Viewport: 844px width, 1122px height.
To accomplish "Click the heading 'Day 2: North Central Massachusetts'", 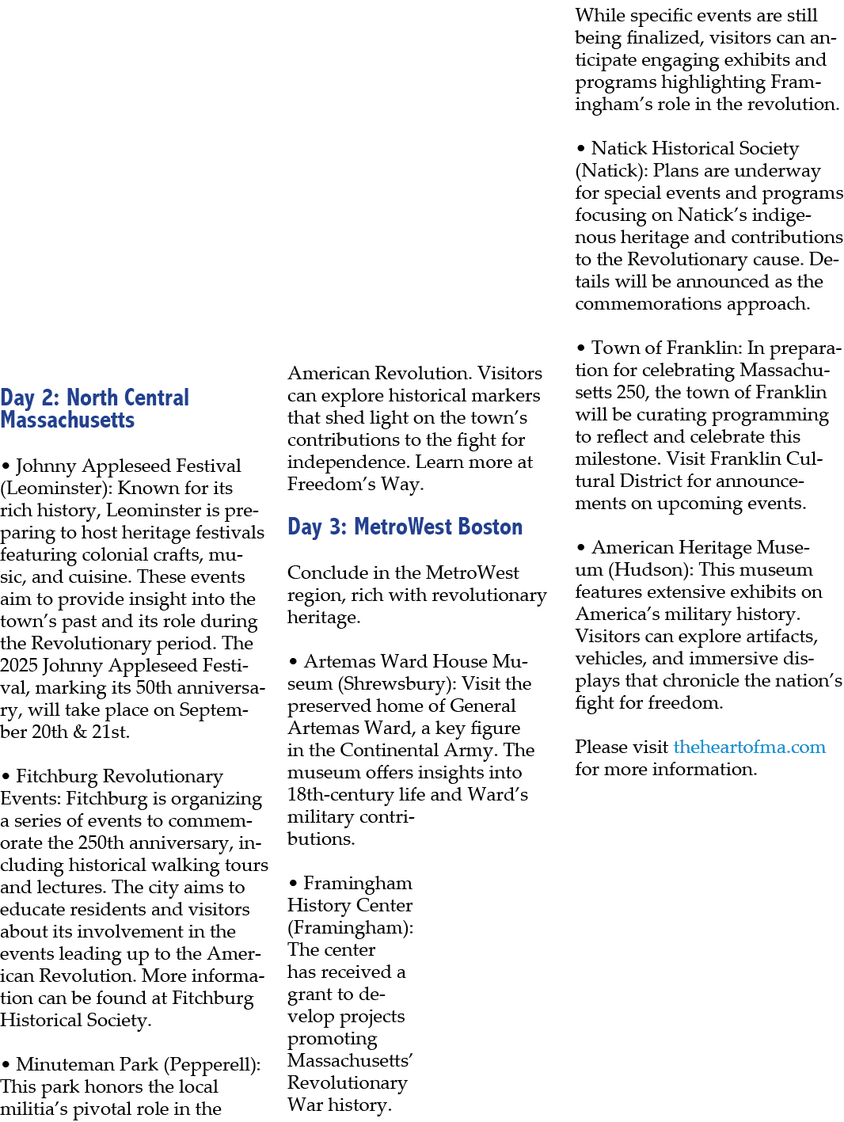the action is [94, 409].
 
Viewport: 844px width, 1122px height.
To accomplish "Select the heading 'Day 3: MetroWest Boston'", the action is [405, 527].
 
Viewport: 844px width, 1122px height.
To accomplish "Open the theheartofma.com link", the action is [749, 747].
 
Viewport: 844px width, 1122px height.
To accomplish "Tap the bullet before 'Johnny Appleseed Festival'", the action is [6, 466].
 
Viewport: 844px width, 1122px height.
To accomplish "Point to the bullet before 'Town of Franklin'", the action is [581, 348].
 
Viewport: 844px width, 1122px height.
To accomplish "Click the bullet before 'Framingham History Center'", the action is [293, 884].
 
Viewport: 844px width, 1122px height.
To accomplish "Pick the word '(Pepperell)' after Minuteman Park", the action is [212, 1064].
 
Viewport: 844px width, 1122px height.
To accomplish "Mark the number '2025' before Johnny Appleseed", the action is [19, 666].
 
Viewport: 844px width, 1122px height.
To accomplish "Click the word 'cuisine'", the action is [100, 576].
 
